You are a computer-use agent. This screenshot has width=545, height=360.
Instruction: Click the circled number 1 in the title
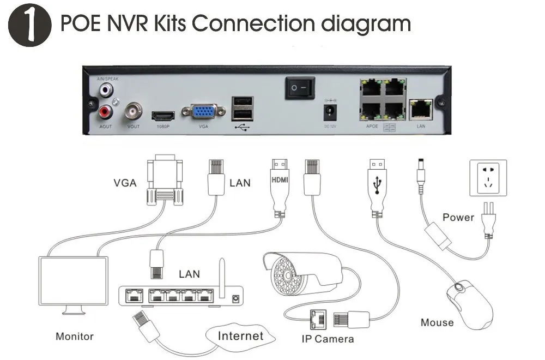(30, 25)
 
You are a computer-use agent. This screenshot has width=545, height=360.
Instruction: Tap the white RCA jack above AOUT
(105, 88)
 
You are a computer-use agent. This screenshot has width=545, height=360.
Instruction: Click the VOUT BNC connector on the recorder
(134, 112)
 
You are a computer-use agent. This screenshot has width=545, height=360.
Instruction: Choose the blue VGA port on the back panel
(203, 112)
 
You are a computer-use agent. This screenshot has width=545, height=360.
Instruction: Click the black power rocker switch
(300, 88)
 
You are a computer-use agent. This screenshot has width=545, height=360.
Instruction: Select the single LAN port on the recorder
(421, 108)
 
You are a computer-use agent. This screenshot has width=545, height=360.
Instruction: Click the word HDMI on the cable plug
(280, 179)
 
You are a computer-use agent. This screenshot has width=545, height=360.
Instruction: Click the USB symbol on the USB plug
(376, 185)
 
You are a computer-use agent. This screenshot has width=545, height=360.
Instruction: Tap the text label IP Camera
(328, 339)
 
